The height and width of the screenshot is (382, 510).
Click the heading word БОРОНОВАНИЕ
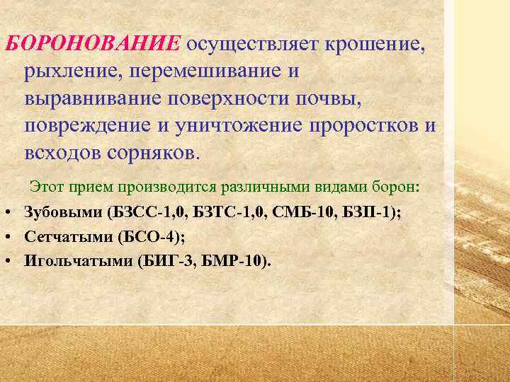[92, 44]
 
